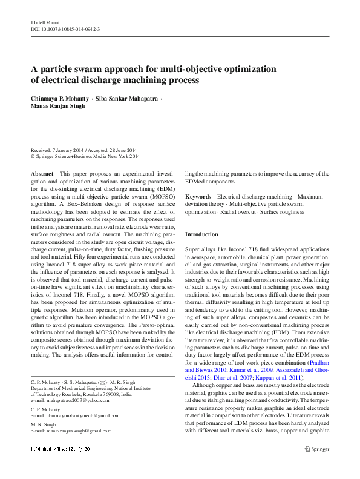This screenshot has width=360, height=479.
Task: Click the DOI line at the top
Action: tap(65, 28)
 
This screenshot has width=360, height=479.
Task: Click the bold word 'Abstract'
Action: tap(42, 174)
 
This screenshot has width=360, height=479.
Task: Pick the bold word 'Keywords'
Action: tap(198, 197)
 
